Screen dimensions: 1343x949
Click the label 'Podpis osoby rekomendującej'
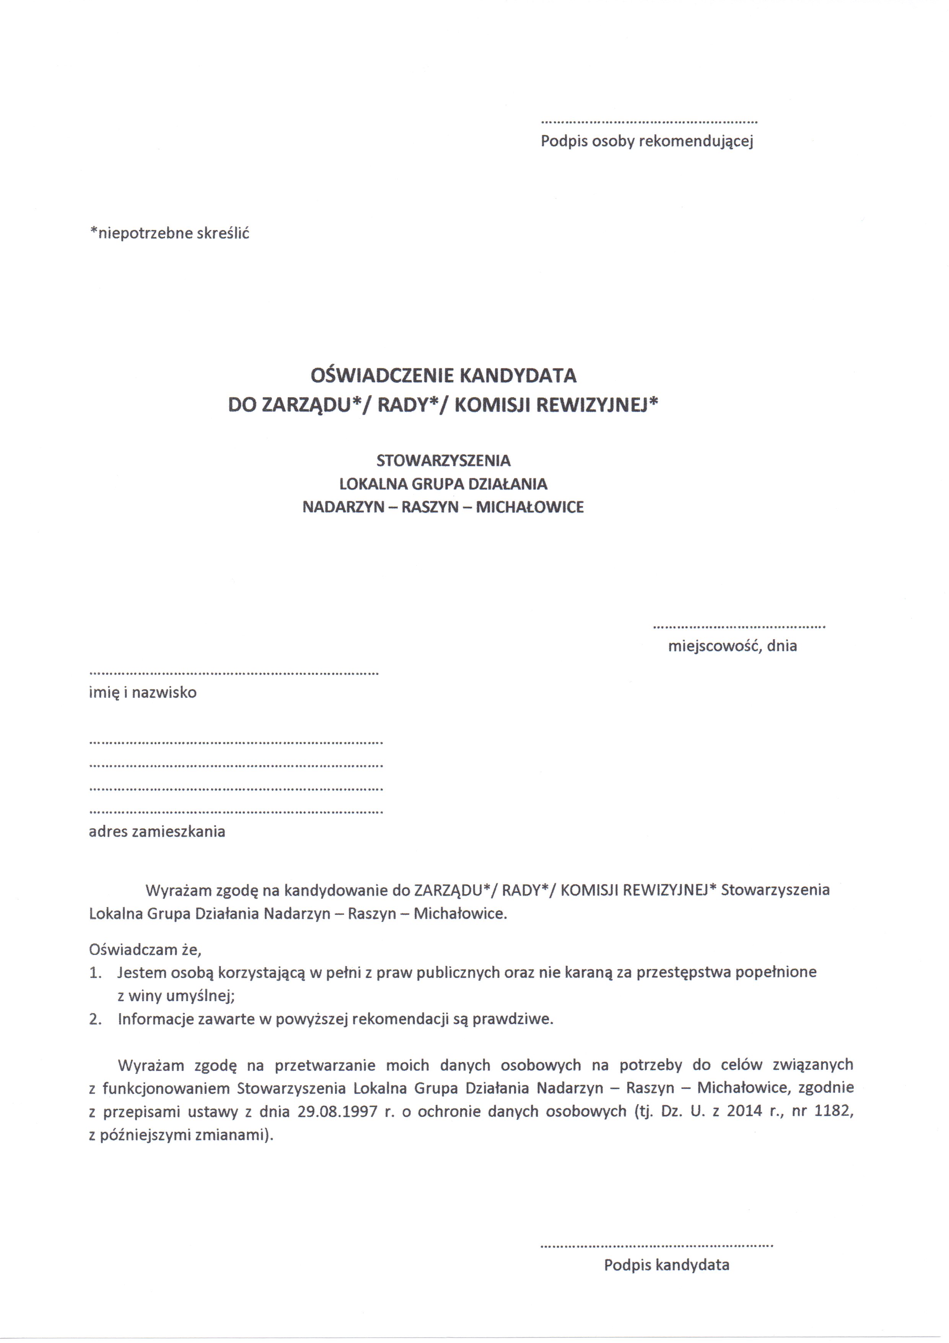[647, 142]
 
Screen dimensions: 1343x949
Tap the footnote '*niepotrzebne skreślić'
[169, 233]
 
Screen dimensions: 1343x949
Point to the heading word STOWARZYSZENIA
[443, 460]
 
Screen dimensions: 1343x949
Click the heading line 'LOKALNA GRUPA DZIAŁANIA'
[443, 484]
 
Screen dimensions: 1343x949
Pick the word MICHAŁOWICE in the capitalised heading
[530, 507]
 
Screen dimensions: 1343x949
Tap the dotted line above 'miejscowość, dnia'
[739, 627]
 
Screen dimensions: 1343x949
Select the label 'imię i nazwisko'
[143, 693]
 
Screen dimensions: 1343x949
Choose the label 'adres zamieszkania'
[157, 831]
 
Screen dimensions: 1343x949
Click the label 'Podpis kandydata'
[667, 1265]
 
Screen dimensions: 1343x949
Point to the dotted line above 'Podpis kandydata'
[656, 1246]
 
